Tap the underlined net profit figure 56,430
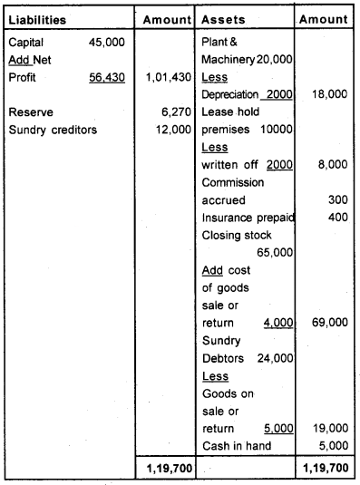click(107, 78)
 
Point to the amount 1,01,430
click(168, 78)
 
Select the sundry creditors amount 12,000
click(171, 130)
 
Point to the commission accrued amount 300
click(338, 199)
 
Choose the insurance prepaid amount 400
click(338, 217)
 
